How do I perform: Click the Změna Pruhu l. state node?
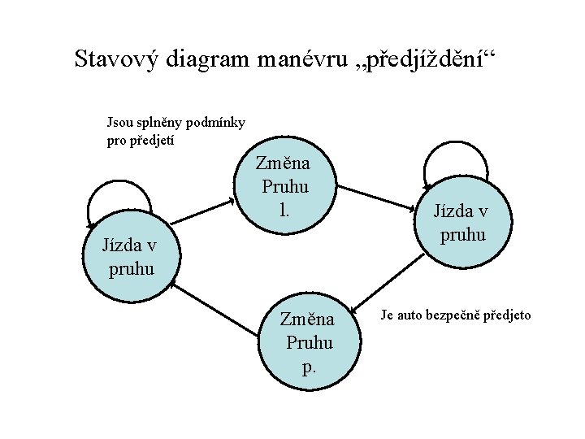pyautogui.click(x=284, y=186)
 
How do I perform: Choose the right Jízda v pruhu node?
pyautogui.click(x=461, y=224)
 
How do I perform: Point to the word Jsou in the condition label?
pyautogui.click(x=119, y=123)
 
